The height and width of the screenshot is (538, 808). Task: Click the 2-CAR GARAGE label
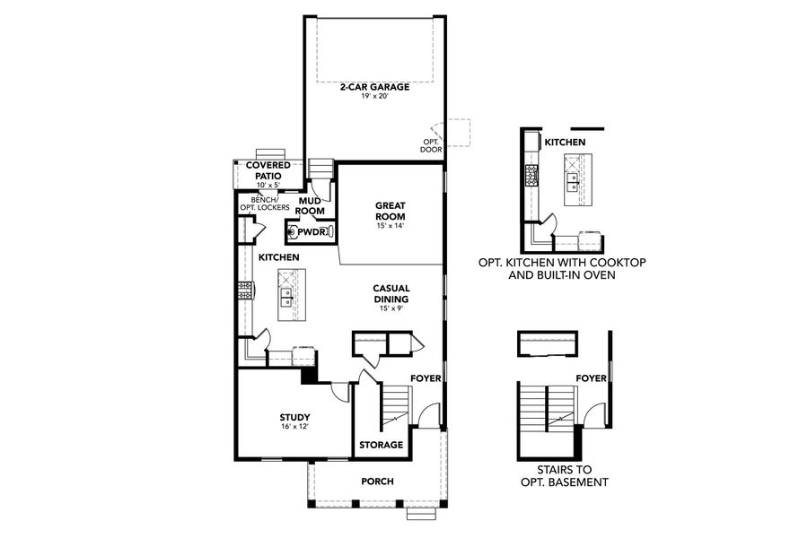[374, 87]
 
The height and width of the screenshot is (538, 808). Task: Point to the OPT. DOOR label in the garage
[432, 145]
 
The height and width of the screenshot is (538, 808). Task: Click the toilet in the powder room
[294, 231]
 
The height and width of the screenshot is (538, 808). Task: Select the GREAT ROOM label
[391, 211]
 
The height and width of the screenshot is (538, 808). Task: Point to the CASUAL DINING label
[391, 294]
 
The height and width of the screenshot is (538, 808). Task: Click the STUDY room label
[294, 416]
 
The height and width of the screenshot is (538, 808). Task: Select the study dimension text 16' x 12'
[294, 428]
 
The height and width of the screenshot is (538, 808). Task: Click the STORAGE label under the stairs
[381, 445]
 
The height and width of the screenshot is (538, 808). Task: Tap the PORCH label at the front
[377, 482]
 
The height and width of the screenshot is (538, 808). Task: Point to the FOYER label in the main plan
[426, 378]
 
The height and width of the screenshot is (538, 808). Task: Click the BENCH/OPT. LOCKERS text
[264, 204]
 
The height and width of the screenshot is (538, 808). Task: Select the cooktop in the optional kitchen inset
[531, 173]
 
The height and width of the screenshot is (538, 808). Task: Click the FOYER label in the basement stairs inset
[592, 378]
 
